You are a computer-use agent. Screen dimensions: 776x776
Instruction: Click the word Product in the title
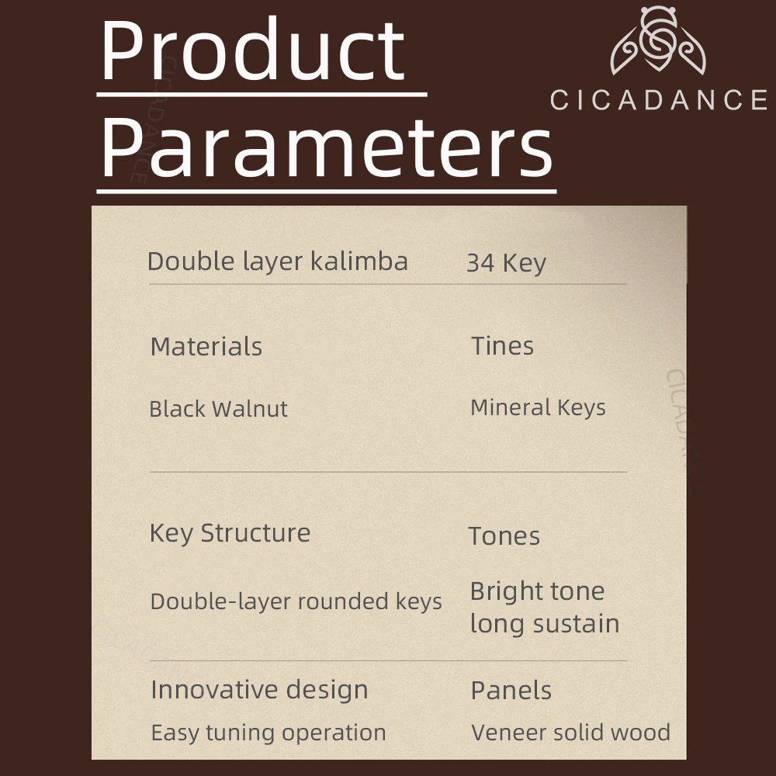[x=253, y=50]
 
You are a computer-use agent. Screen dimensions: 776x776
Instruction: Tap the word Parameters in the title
[x=327, y=147]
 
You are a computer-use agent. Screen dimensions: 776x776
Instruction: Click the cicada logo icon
[x=658, y=40]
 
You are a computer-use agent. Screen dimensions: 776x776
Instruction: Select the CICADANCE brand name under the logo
[x=659, y=100]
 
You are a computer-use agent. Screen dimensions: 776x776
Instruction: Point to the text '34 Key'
[x=506, y=263]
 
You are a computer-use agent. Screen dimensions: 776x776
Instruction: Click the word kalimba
[x=359, y=261]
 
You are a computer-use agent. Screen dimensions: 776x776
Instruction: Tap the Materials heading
[x=206, y=346]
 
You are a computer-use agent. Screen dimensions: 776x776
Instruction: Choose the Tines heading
[x=502, y=345]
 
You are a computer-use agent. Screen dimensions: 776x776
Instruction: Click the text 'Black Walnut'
[x=218, y=409]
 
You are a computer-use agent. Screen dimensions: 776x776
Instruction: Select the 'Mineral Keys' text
[x=538, y=408]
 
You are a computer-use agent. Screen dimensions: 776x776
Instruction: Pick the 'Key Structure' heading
[x=230, y=534]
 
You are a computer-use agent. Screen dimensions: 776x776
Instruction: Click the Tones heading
[x=504, y=536]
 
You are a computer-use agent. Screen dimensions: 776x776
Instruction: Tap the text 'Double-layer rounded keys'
[x=296, y=602]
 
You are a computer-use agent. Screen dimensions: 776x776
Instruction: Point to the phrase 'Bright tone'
[x=538, y=591]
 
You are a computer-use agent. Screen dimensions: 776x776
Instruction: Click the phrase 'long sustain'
[x=545, y=623]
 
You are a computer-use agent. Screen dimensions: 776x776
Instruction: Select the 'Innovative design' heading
[x=259, y=690]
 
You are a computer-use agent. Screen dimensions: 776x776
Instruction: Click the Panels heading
[x=511, y=691]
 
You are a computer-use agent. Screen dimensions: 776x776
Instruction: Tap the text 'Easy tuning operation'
[x=268, y=733]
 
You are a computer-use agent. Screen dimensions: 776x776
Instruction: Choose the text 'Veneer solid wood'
[x=570, y=733]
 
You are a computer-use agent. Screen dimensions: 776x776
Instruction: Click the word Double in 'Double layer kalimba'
[x=191, y=261]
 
